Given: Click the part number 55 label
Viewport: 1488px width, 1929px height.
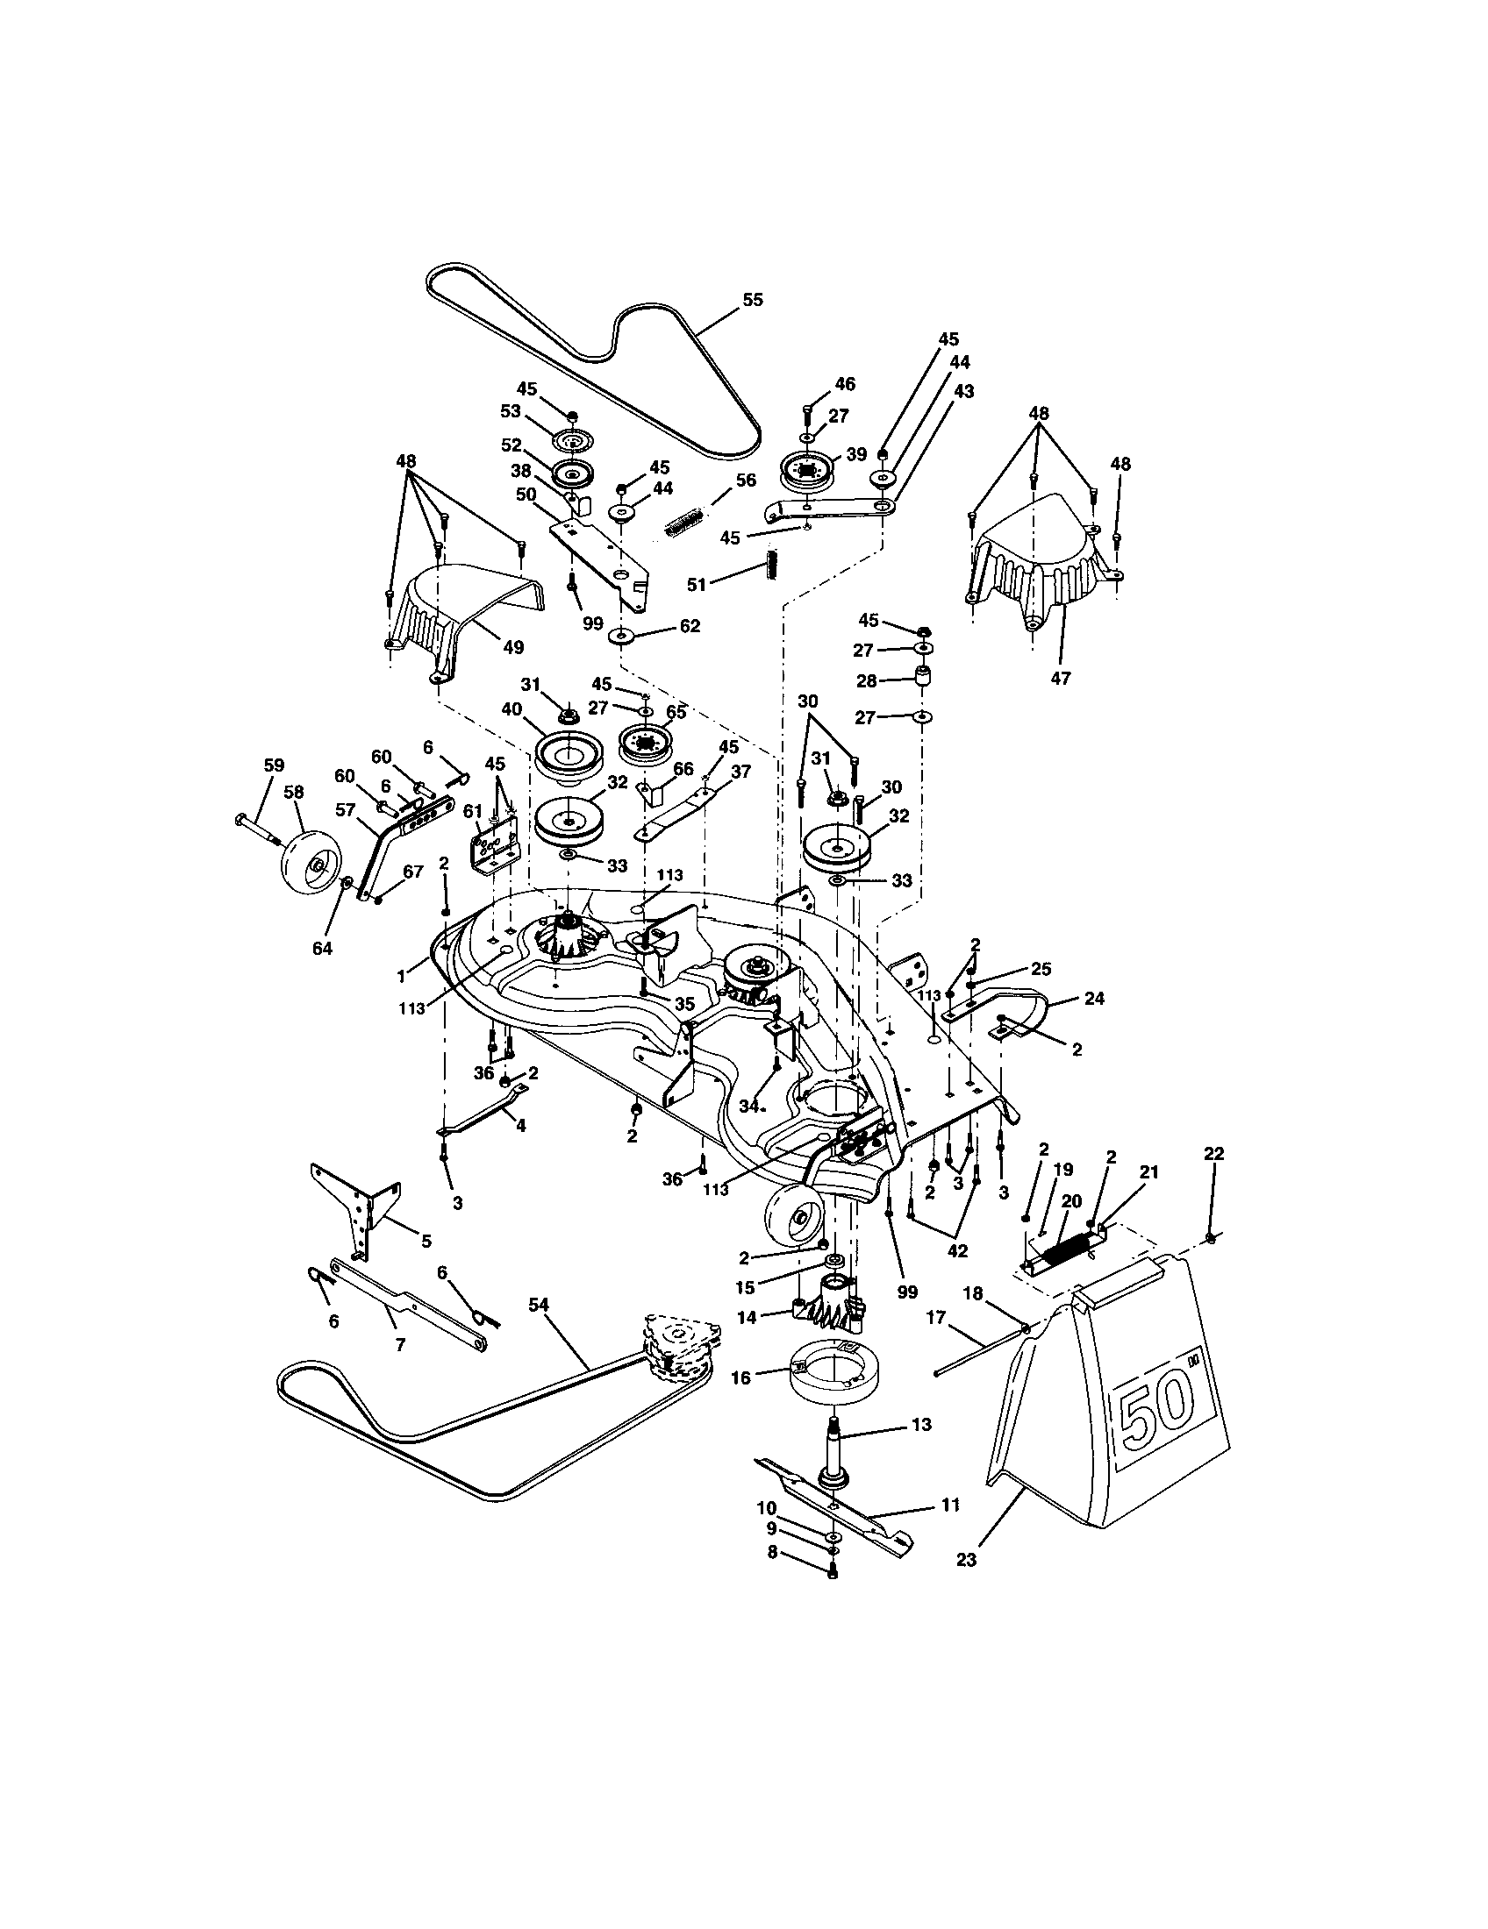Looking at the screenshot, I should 752,299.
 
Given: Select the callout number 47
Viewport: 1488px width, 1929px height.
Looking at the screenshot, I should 1061,678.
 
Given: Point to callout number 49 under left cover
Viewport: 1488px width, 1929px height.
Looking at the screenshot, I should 512,647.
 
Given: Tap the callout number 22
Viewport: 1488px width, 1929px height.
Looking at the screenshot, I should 1214,1154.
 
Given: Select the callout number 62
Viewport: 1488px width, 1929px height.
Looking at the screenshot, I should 690,625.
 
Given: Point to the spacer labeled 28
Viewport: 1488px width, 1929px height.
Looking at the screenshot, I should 922,683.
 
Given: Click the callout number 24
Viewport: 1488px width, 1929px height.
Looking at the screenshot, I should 1094,999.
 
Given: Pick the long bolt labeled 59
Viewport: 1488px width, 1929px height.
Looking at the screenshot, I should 256,828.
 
